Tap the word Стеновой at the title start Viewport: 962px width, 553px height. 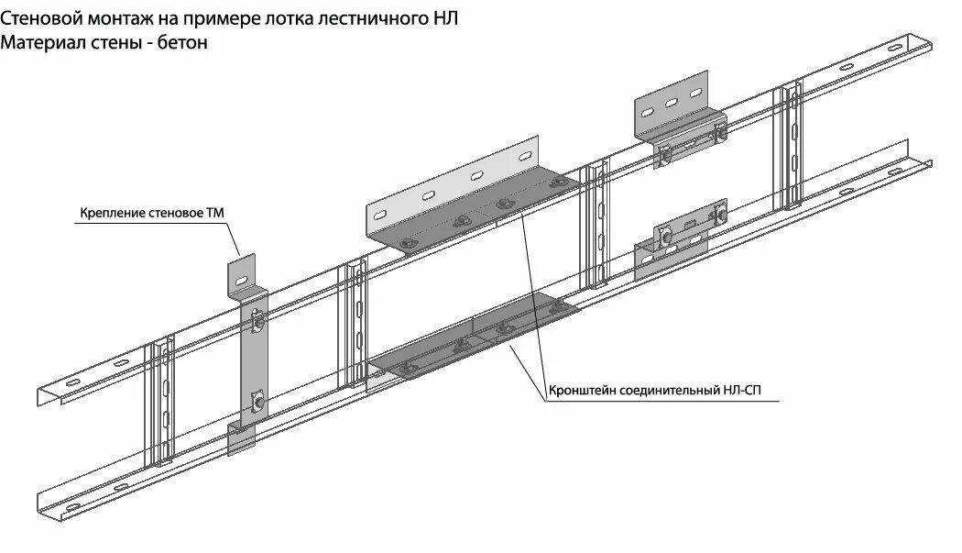pyautogui.click(x=39, y=17)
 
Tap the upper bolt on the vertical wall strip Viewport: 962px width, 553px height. pyautogui.click(x=258, y=321)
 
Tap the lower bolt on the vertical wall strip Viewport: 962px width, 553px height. pyautogui.click(x=259, y=401)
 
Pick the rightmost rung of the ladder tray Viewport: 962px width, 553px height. pyautogui.click(x=791, y=147)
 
